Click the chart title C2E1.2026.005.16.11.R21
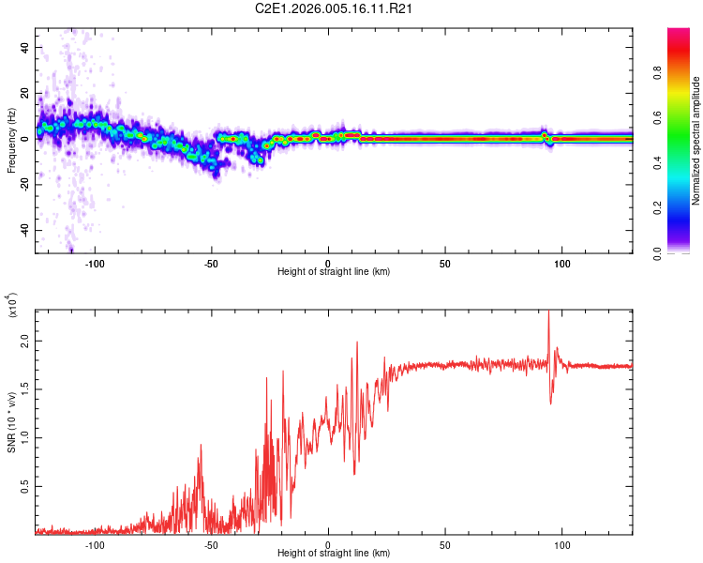pyautogui.click(x=335, y=9)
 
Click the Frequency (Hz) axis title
pyautogui.click(x=12, y=140)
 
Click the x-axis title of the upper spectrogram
pyautogui.click(x=334, y=272)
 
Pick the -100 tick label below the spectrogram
pyautogui.click(x=95, y=263)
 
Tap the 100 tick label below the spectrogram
pyautogui.click(x=562, y=263)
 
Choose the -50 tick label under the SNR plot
pyautogui.click(x=211, y=544)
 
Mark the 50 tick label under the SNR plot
pyautogui.click(x=445, y=544)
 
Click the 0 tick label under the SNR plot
pyautogui.click(x=328, y=544)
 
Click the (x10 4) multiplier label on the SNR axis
pyautogui.click(x=12, y=305)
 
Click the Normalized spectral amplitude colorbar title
pyautogui.click(x=696, y=141)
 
